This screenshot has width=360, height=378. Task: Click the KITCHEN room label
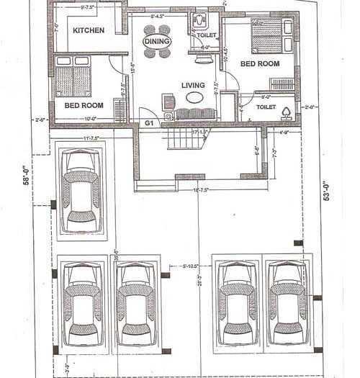[89, 30]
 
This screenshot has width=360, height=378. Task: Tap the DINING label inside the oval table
[156, 42]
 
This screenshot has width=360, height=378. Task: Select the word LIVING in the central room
[193, 84]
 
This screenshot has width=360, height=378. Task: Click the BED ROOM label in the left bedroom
[84, 105]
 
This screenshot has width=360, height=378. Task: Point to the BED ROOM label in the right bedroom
[260, 64]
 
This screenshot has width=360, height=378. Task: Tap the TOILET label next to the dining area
[207, 35]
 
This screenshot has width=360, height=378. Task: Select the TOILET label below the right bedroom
[266, 107]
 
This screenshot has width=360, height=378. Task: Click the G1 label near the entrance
[150, 123]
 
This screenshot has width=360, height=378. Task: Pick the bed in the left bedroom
[73, 77]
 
